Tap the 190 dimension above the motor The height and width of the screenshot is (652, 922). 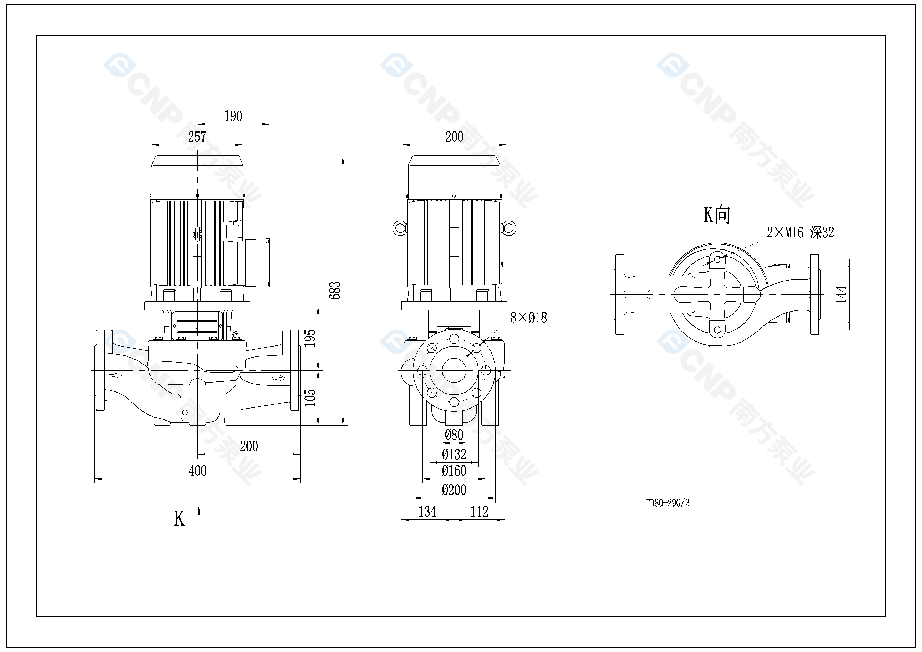(x=233, y=116)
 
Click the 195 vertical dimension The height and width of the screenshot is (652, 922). (x=310, y=338)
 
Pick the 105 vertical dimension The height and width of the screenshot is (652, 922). (x=310, y=398)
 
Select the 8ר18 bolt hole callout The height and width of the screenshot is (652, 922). (x=528, y=318)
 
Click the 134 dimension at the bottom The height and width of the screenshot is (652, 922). (x=427, y=512)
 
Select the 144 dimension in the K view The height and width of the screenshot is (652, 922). (x=841, y=294)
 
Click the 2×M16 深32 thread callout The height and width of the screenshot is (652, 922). (x=800, y=232)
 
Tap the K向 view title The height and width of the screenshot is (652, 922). (x=717, y=215)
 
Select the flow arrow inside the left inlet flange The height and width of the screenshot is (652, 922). (x=114, y=375)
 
